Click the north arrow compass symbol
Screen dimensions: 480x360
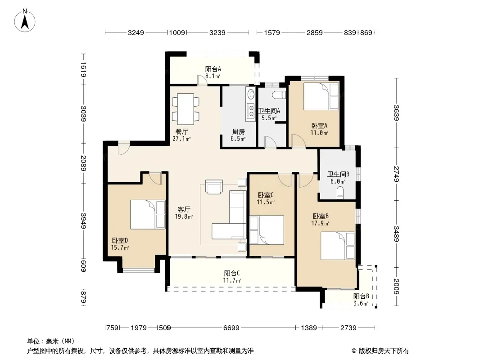[25, 21]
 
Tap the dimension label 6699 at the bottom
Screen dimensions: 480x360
[231, 328]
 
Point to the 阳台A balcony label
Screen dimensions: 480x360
[213, 69]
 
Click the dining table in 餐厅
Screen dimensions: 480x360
[186, 109]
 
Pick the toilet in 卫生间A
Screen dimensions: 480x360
[279, 95]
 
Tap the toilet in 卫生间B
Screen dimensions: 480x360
[340, 193]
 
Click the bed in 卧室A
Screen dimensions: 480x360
[321, 96]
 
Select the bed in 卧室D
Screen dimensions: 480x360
[148, 214]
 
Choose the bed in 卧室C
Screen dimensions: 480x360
[267, 229]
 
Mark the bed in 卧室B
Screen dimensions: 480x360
[338, 246]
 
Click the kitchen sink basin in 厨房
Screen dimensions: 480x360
[251, 94]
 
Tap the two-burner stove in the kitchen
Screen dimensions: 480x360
[251, 111]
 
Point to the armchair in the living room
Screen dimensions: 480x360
[214, 187]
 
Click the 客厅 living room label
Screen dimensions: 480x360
[184, 210]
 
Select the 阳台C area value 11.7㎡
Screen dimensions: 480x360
[232, 280]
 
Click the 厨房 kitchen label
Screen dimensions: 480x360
[239, 132]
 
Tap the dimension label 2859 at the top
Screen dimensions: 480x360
[314, 33]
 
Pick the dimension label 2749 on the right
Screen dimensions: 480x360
[396, 174]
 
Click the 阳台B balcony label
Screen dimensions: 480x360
[361, 297]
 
